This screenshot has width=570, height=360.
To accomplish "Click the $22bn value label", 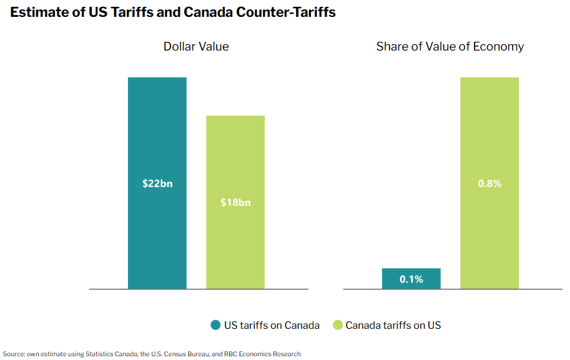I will (157, 184).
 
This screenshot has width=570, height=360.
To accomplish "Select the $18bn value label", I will (235, 203).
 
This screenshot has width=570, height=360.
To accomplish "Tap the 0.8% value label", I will (489, 184).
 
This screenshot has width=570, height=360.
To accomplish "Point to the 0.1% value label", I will (411, 279).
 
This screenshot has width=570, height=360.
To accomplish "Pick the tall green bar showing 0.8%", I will (489, 125).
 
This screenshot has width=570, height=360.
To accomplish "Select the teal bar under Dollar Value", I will (157, 125).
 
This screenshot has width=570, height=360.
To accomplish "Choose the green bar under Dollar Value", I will (235, 156).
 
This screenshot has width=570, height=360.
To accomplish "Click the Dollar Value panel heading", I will (196, 47).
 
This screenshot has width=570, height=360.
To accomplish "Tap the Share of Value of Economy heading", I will (450, 47).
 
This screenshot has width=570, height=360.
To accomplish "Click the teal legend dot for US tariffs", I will (215, 325).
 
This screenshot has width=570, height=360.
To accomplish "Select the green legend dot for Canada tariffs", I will (338, 325).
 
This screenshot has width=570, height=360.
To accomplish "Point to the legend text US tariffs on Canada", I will (272, 325).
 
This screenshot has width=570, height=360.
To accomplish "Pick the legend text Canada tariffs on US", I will (393, 325).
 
